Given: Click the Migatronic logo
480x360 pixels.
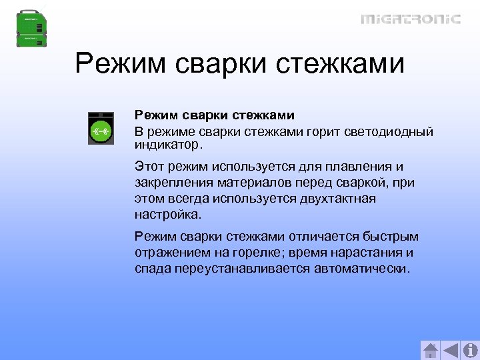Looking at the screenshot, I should tap(411, 19).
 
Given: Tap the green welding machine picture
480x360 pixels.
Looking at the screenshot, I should tap(32, 27).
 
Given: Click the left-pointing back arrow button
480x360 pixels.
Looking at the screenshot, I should tap(451, 350).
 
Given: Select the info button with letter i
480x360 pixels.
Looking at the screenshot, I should tap(470, 350).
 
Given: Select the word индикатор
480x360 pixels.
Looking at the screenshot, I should tap(165, 144).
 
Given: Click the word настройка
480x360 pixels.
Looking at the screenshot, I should tap(167, 215).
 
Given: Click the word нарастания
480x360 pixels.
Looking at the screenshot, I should tap(374, 253).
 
